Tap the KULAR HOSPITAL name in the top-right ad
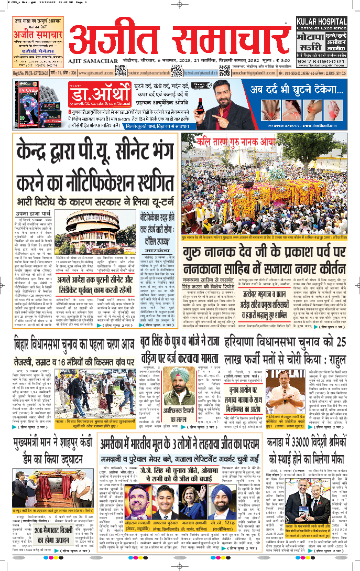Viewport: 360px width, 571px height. (329, 23)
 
